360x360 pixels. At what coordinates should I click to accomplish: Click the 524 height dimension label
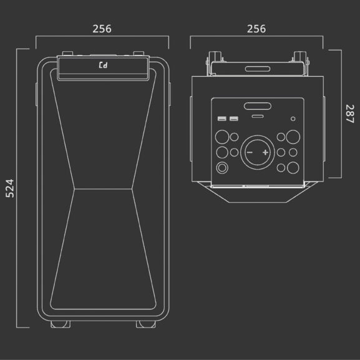(9, 188)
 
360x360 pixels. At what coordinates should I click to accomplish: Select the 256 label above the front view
(102, 29)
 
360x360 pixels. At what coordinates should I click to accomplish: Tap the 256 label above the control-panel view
(256, 29)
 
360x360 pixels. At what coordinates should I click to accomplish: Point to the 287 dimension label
(349, 114)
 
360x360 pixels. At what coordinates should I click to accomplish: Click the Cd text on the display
(103, 66)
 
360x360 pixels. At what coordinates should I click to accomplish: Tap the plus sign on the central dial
(265, 152)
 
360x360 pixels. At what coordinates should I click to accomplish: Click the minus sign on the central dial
(250, 152)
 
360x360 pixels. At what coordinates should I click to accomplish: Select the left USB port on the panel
(221, 119)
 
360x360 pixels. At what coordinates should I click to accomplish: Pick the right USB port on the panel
(234, 119)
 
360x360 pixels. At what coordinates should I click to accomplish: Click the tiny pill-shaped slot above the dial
(258, 117)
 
